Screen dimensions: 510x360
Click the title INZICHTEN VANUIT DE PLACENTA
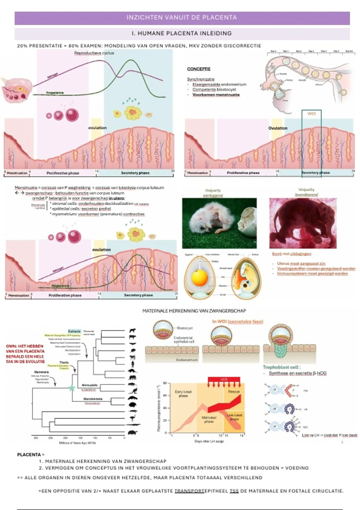[x=181, y=18]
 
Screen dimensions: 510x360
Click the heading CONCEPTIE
[x=199, y=69]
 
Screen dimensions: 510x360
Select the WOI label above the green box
[x=311, y=114]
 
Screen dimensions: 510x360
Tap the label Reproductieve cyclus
[x=94, y=53]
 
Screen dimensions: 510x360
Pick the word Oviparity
[x=213, y=190]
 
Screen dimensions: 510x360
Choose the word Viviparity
[x=306, y=190]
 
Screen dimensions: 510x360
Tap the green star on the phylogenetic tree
[x=72, y=388]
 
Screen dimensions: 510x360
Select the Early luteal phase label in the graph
[x=183, y=394]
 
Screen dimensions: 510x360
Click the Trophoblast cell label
[x=281, y=367]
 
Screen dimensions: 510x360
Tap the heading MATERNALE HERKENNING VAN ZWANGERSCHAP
[x=194, y=311]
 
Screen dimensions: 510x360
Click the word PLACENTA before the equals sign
[x=29, y=454]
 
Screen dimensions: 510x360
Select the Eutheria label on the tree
[x=74, y=331]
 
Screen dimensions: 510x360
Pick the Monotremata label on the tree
[x=93, y=399]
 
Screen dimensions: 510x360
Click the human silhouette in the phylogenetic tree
[x=133, y=364]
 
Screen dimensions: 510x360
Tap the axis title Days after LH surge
[x=209, y=441]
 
